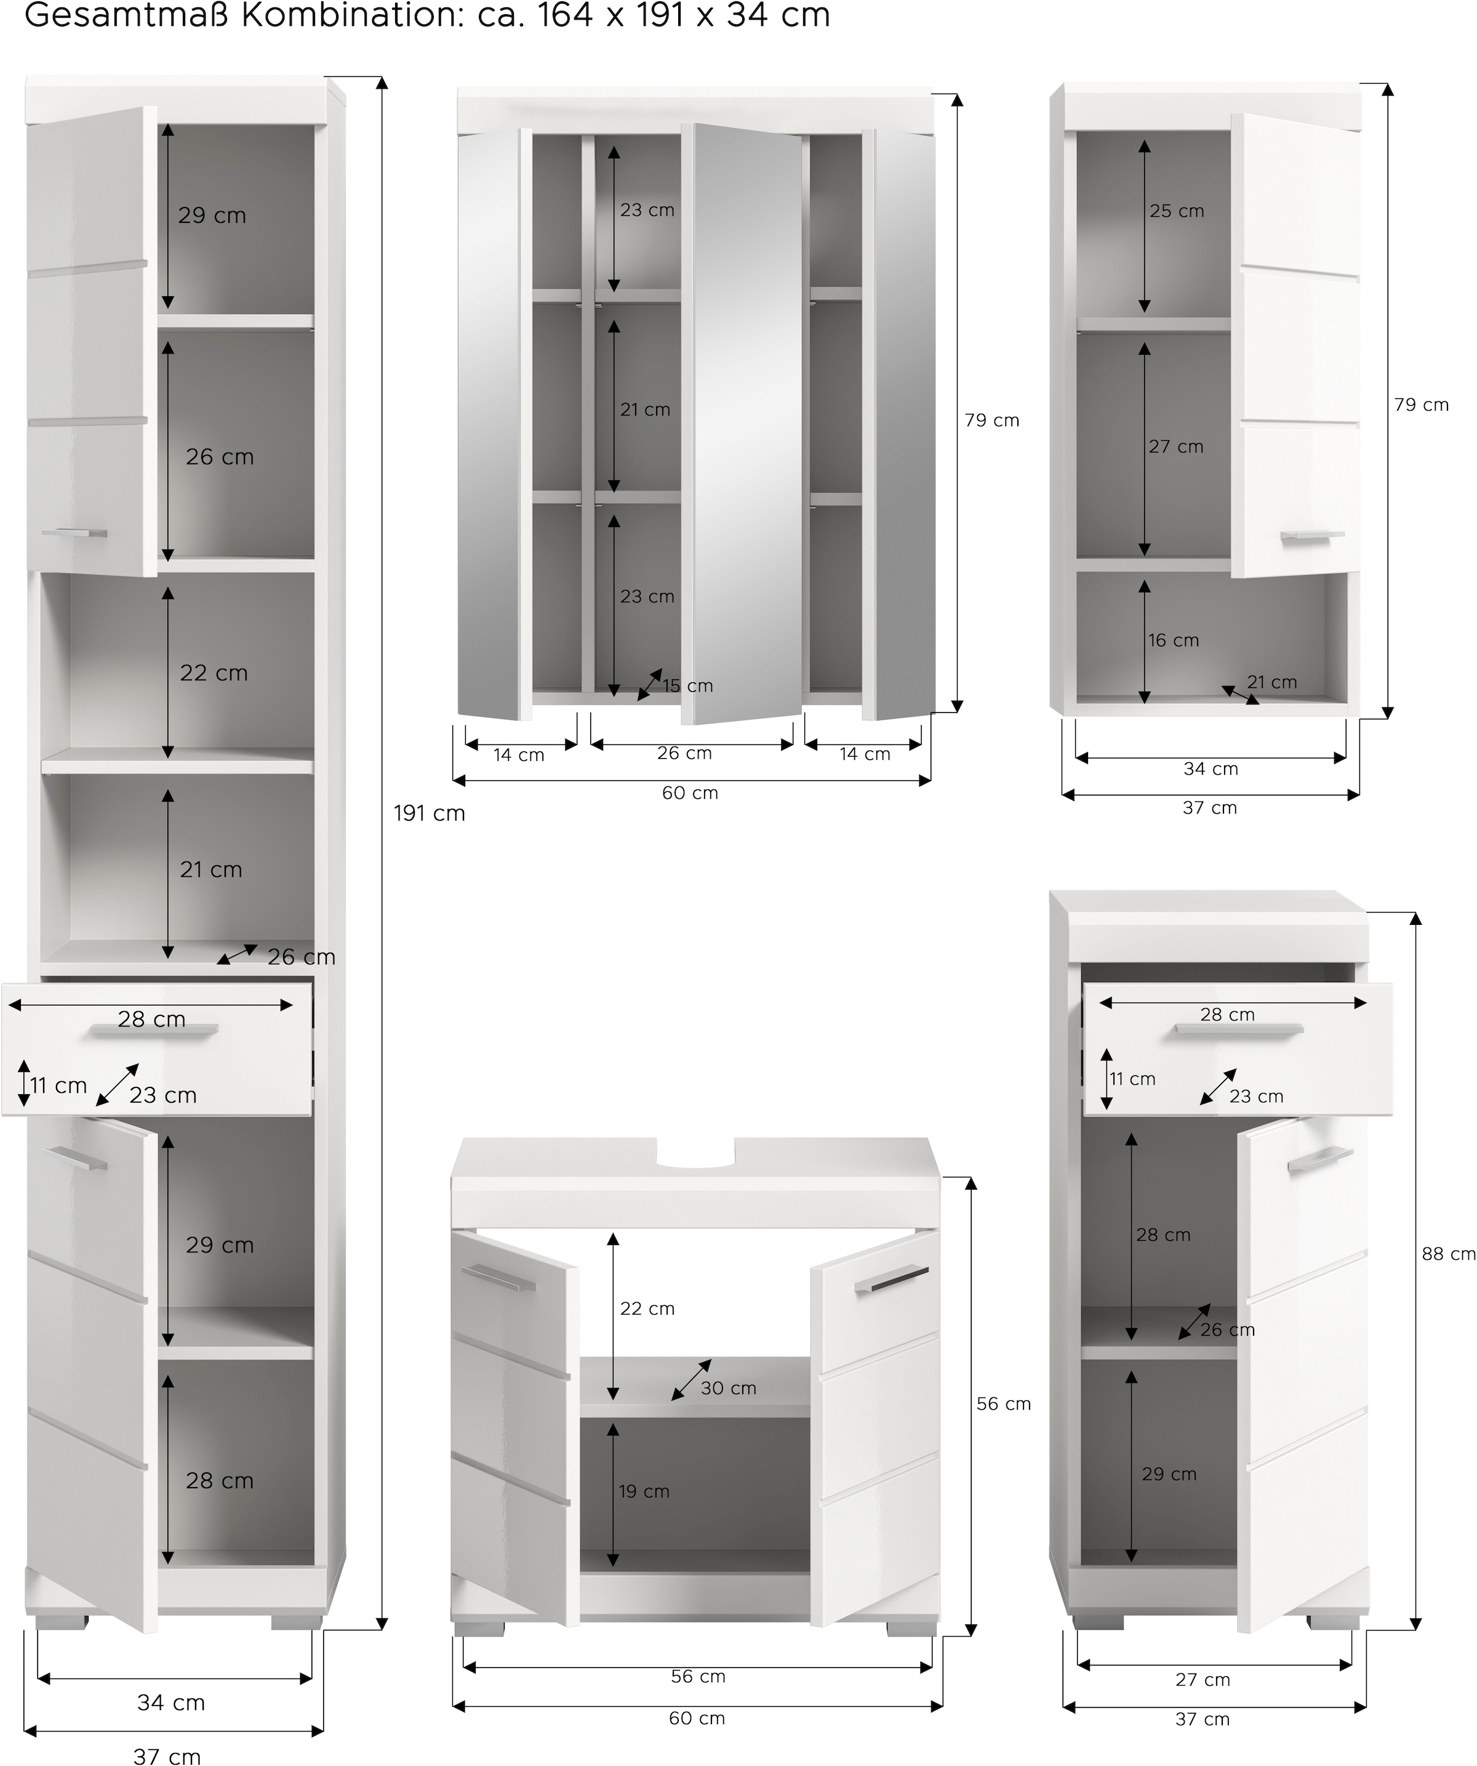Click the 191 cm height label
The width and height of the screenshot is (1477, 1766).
click(x=429, y=814)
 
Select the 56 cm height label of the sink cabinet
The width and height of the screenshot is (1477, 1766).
click(x=1003, y=1403)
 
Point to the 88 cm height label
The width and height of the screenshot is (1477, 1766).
click(x=1449, y=1254)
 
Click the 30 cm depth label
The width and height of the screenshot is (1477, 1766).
click(x=729, y=1389)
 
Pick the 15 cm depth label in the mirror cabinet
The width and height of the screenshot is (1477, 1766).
click(x=687, y=686)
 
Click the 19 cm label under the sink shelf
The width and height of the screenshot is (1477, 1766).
click(x=645, y=1492)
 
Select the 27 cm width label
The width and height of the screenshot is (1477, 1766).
click(x=1203, y=1680)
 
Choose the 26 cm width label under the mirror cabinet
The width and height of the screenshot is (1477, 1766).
click(x=684, y=754)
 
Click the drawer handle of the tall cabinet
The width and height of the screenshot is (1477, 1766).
click(x=154, y=1031)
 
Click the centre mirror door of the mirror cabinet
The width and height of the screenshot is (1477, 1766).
click(x=742, y=423)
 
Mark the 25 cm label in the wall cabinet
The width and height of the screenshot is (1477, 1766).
click(x=1177, y=212)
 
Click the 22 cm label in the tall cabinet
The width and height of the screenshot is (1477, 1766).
click(x=214, y=674)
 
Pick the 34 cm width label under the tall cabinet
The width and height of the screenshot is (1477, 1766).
click(x=170, y=1703)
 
